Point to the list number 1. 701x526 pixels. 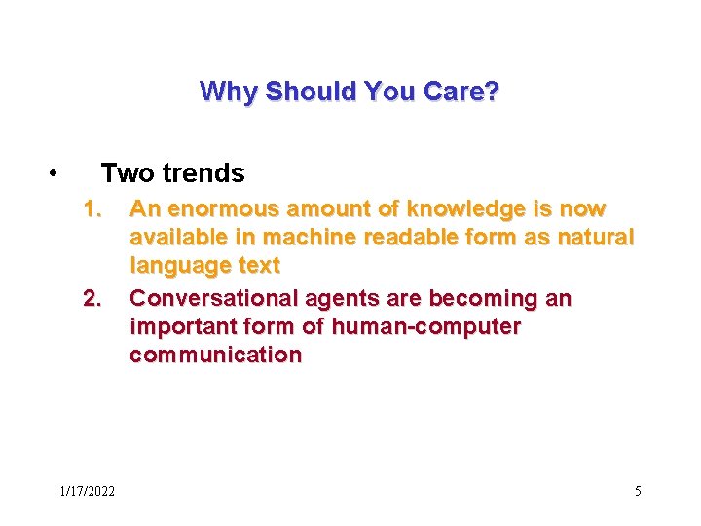(x=92, y=209)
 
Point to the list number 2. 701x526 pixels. (x=92, y=298)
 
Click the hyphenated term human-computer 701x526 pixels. (x=426, y=326)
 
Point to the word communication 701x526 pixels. (x=215, y=355)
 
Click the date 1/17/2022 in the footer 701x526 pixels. (x=87, y=491)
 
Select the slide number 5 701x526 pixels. (x=638, y=491)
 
